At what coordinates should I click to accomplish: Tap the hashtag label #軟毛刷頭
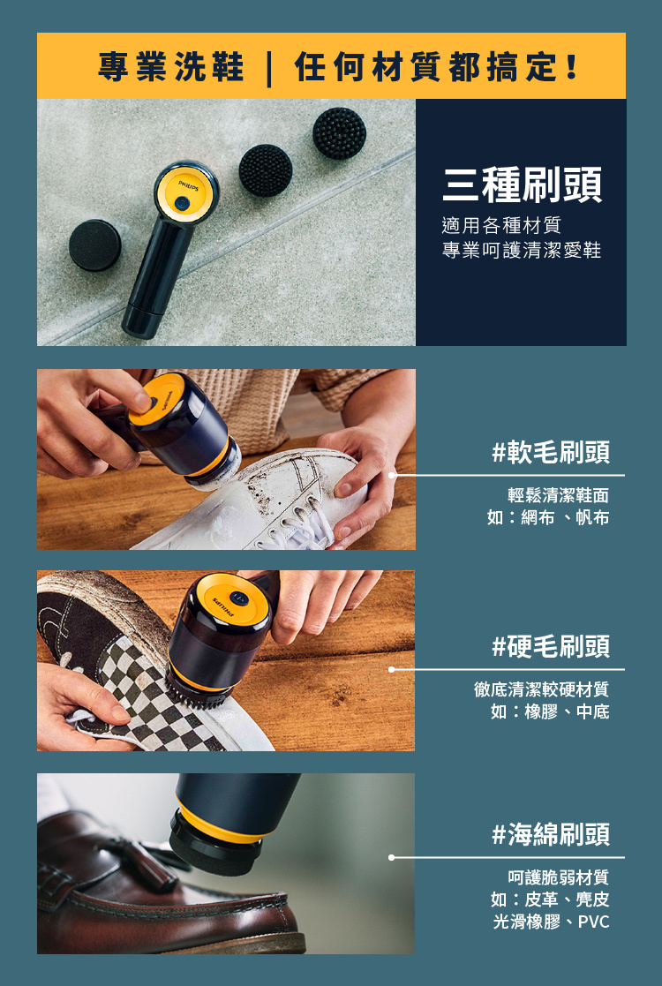551,453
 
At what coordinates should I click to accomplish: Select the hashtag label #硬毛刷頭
551,646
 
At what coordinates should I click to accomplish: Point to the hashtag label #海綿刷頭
551,834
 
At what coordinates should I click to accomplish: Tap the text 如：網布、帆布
547,518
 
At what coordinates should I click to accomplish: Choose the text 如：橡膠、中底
549,711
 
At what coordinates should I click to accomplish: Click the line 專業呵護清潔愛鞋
521,251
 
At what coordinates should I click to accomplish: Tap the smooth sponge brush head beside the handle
95,245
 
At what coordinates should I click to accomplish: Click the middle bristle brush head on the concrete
265,170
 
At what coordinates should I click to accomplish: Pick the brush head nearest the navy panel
339,133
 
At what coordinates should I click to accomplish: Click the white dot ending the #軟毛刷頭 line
393,475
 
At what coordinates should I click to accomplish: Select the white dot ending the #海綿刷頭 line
391,857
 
